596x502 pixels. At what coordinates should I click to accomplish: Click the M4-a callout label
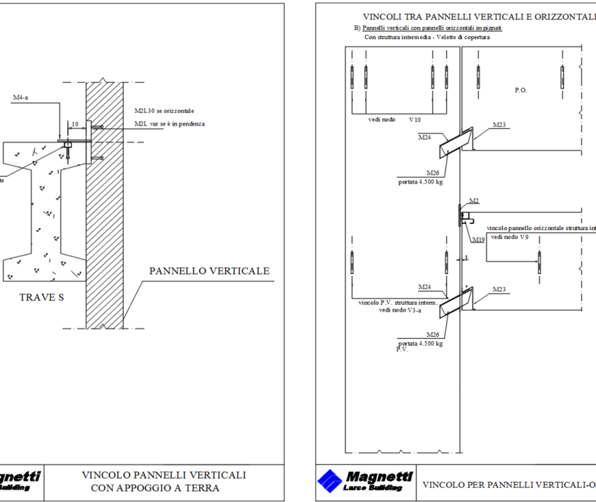tap(21, 98)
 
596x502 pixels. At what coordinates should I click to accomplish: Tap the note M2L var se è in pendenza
tap(170, 124)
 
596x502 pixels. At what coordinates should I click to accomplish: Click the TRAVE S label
tap(41, 298)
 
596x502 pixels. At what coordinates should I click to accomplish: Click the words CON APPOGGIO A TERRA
tap(154, 488)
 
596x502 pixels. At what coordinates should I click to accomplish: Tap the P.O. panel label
tap(521, 90)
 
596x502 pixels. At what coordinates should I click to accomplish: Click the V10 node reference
tap(415, 120)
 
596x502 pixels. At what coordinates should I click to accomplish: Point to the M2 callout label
tap(474, 201)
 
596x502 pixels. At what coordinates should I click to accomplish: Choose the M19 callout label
tap(478, 239)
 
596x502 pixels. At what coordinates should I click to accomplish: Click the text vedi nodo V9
tap(510, 237)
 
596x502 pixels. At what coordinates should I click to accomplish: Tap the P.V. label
tap(402, 349)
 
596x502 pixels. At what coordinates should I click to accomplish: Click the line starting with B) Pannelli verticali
tap(428, 28)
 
